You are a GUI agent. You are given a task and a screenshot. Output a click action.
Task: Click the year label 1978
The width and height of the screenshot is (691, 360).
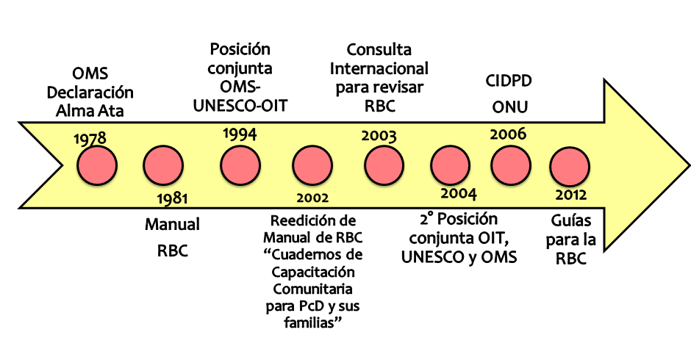point(90,139)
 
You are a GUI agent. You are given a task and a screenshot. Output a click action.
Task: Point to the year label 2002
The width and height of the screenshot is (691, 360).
point(312,198)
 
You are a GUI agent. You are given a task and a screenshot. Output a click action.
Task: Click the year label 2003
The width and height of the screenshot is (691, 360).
point(379,136)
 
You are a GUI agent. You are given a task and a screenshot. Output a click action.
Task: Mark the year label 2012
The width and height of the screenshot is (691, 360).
point(571,195)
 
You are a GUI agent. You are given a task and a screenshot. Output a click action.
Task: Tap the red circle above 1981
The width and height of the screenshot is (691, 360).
point(163,167)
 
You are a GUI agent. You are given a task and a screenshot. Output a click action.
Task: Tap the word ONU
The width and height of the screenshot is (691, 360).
point(509,107)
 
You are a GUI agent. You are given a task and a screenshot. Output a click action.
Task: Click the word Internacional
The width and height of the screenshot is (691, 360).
point(379,69)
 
